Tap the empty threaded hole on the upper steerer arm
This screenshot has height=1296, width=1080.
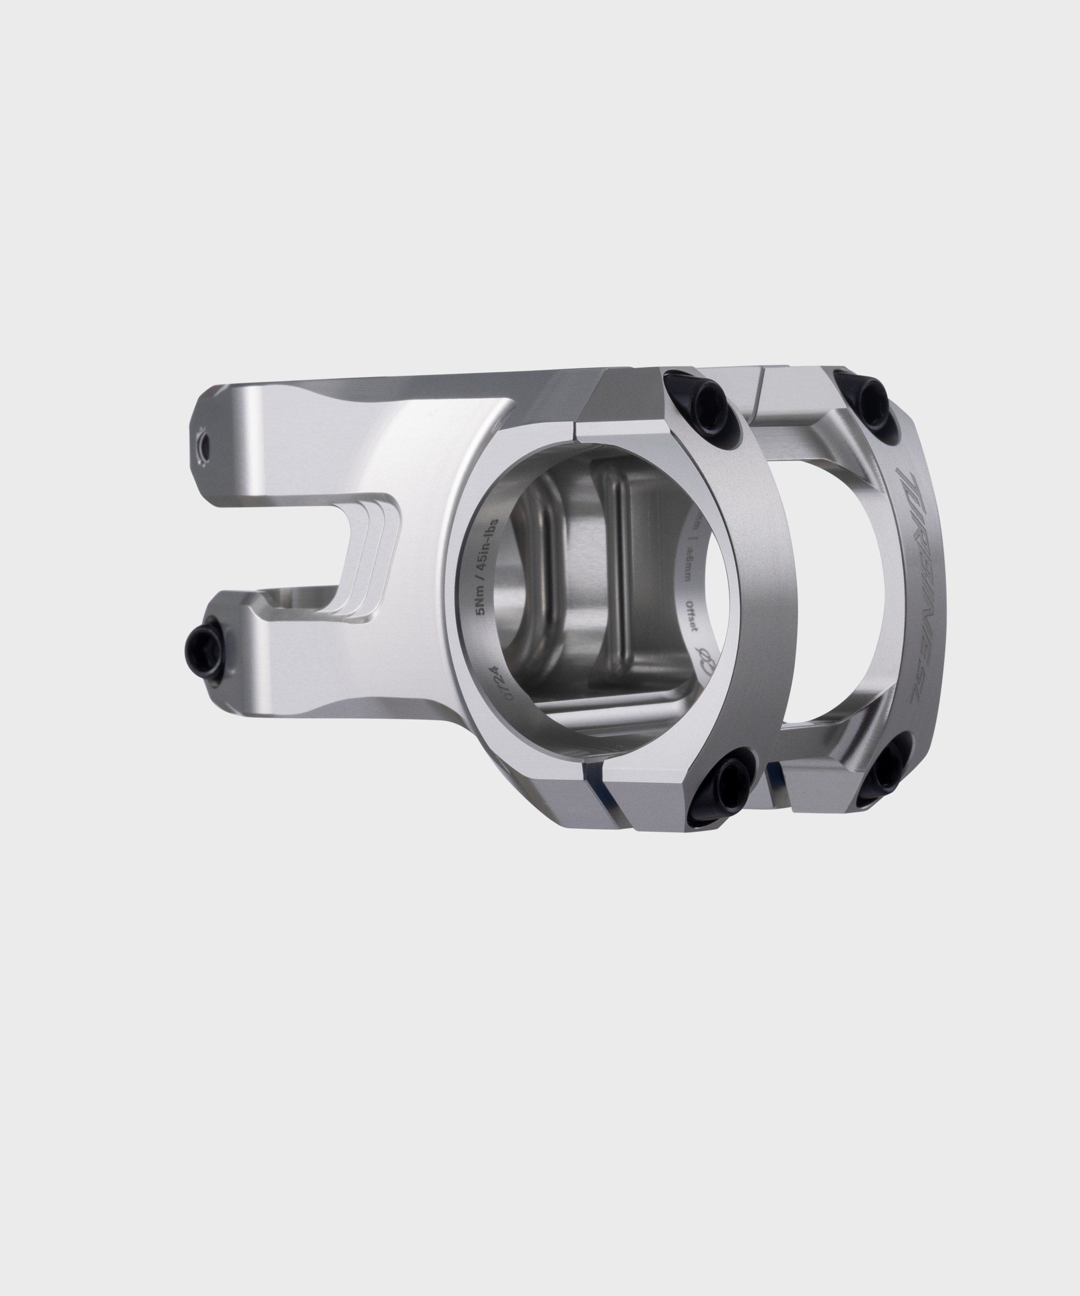pyautogui.click(x=201, y=444)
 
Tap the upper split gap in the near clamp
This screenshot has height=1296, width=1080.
pyautogui.click(x=576, y=431)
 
